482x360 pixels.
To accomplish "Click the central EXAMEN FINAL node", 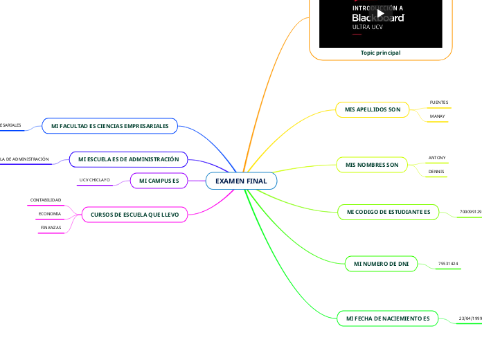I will coord(241,181).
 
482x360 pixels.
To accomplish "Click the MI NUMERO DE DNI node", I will coord(381,264).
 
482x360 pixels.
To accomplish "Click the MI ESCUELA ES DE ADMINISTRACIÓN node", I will coord(129,159).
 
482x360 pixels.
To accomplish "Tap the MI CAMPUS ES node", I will coord(159,181).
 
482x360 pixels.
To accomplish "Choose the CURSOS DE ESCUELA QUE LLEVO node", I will coord(135,215).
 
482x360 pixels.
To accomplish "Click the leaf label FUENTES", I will coord(439,102).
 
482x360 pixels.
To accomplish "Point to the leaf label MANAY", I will coord(438,116).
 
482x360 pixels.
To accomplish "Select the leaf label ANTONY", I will coord(438,158).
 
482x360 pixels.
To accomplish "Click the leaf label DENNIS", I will coord(436,171).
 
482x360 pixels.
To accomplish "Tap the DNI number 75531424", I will coord(449,264).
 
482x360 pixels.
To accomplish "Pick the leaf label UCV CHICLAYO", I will coord(95,180).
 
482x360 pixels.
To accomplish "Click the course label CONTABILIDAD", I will coord(46,200).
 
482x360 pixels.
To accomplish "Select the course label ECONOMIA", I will coord(49,214).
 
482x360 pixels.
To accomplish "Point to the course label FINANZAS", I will coord(50,228).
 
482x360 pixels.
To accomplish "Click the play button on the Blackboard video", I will coord(380,13).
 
